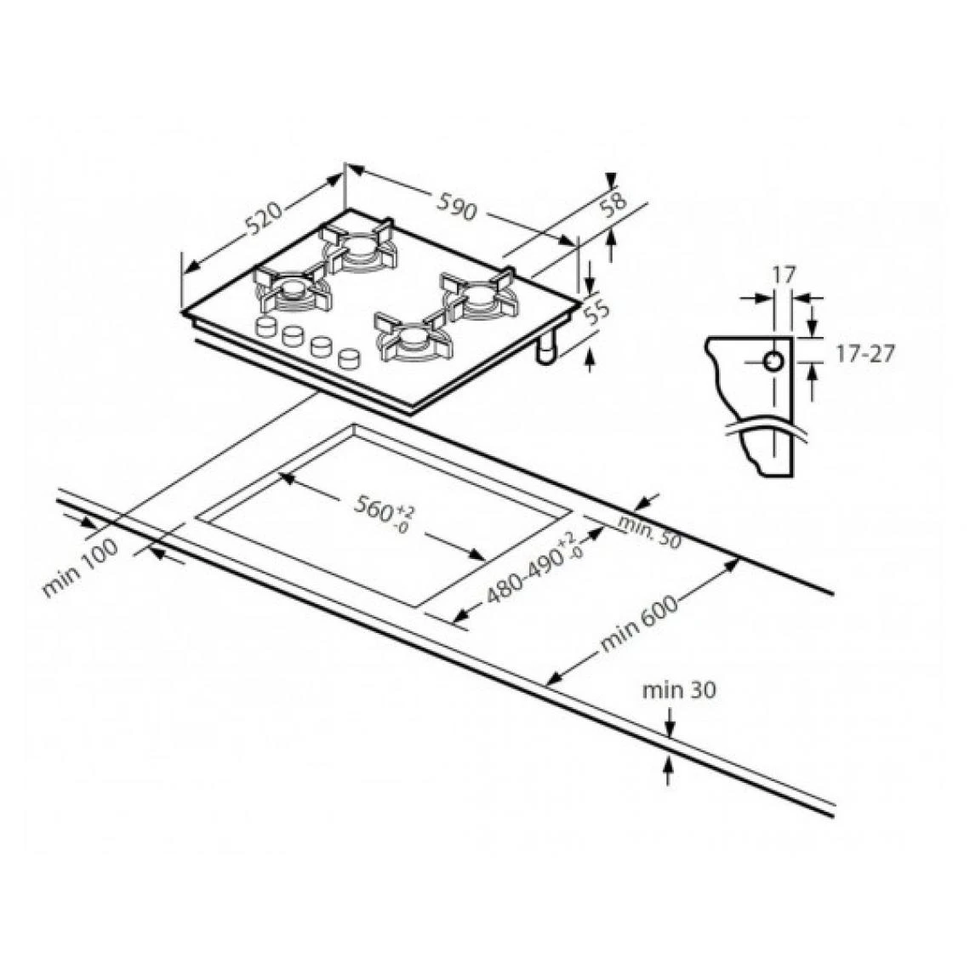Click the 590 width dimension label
[x=457, y=206]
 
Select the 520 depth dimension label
[x=265, y=218]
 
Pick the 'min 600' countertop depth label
[x=639, y=625]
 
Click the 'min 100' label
[x=80, y=568]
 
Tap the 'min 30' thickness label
[x=679, y=690]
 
